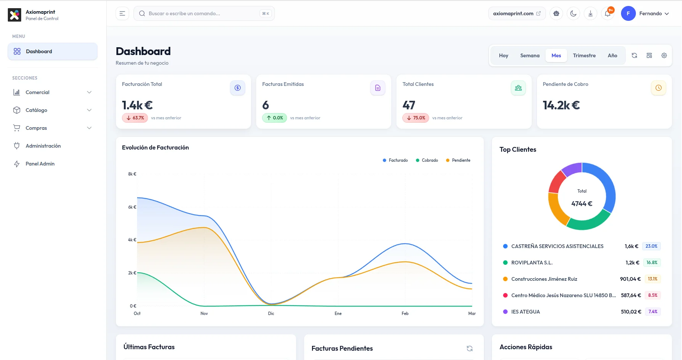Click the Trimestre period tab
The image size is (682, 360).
click(x=584, y=55)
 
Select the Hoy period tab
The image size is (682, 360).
click(x=503, y=55)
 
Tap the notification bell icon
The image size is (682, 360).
click(x=607, y=14)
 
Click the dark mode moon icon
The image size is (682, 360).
click(x=573, y=14)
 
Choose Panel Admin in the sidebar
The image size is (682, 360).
click(x=40, y=164)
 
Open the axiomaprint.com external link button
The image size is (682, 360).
click(x=517, y=13)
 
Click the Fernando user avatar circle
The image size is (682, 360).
click(x=628, y=13)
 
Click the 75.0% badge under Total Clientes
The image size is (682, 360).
click(x=416, y=118)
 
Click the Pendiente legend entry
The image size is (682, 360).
click(x=458, y=160)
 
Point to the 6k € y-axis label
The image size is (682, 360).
click(x=132, y=207)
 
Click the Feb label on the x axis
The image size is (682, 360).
click(x=405, y=314)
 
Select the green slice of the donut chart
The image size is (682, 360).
click(x=588, y=222)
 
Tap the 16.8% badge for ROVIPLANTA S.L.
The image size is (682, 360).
click(x=652, y=263)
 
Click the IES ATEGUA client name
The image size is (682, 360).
click(x=525, y=312)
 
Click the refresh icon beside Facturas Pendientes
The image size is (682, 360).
click(x=470, y=348)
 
